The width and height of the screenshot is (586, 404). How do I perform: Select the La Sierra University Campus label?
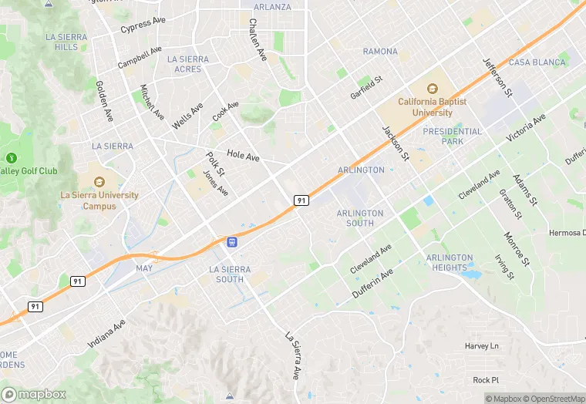pos(99,200)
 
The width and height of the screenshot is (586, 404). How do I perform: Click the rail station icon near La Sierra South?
pos(231,242)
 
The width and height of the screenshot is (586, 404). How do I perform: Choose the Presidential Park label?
pos(453,136)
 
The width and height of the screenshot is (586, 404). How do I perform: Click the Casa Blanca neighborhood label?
pos(537,62)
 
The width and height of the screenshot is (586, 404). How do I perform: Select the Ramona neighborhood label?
pos(380,52)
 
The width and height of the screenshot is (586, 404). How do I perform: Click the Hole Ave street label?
pos(243,156)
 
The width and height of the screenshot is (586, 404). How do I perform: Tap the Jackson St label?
pos(394,140)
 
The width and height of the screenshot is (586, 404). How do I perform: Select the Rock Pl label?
pos(486,380)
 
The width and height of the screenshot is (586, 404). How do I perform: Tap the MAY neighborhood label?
pos(143,268)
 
